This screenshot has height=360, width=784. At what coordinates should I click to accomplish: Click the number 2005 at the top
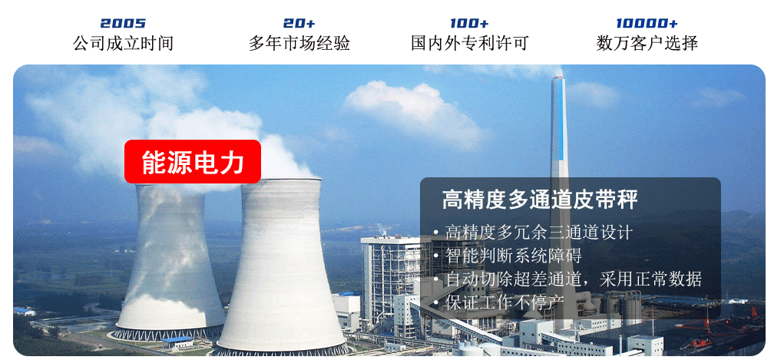pyautogui.click(x=123, y=24)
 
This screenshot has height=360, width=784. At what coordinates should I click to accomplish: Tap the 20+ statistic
pyautogui.click(x=299, y=24)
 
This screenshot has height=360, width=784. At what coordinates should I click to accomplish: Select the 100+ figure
pyautogui.click(x=469, y=24)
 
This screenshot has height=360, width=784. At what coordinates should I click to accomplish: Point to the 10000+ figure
pyautogui.click(x=647, y=24)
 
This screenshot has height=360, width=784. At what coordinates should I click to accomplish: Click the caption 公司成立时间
pyautogui.click(x=123, y=43)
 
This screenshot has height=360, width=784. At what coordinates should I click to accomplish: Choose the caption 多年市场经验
pyautogui.click(x=299, y=43)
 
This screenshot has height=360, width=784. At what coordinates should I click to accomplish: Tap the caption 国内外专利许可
pyautogui.click(x=469, y=43)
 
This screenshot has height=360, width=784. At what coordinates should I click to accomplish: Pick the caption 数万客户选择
pyautogui.click(x=647, y=43)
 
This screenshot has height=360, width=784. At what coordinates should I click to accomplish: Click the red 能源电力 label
pyautogui.click(x=193, y=161)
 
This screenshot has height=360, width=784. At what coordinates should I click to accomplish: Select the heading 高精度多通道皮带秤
pyautogui.click(x=540, y=200)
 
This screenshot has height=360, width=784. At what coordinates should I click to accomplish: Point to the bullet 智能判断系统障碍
pyautogui.click(x=513, y=256)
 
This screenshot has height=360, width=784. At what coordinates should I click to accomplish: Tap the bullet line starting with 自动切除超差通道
pyautogui.click(x=574, y=279)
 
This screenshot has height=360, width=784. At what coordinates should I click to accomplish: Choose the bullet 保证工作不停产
pyautogui.click(x=504, y=302)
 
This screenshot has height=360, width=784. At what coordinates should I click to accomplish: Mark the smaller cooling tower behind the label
pyautogui.click(x=170, y=260)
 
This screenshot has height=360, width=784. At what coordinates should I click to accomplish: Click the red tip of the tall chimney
pyautogui.click(x=558, y=78)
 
